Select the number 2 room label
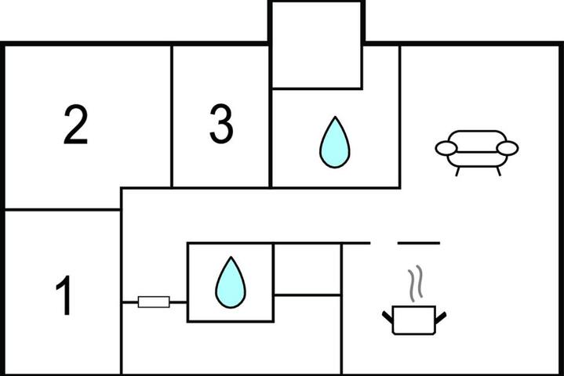[75, 125]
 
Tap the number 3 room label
[221, 124]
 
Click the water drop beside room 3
[335, 143]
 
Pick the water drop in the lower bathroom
[231, 282]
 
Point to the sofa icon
[477, 153]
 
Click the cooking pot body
[414, 320]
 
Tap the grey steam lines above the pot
[415, 284]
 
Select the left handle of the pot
[388, 316]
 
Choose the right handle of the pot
[441, 317]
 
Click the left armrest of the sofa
[446, 148]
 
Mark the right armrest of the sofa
[508, 148]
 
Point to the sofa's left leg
[457, 172]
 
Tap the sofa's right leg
[499, 172]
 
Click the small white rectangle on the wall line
[154, 302]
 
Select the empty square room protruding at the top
[317, 45]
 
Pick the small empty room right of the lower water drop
[307, 269]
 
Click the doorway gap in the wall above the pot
[384, 243]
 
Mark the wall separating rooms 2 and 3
[172, 117]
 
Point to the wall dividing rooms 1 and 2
[62, 209]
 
